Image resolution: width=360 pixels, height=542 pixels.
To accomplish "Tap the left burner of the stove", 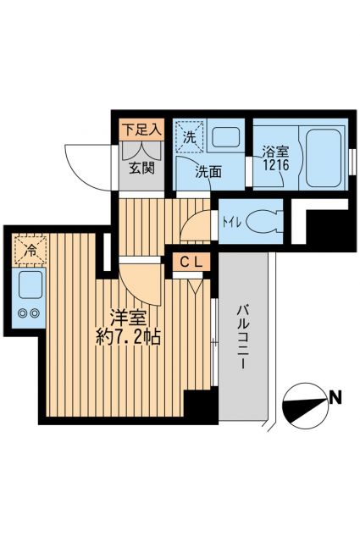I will click(22, 313).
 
